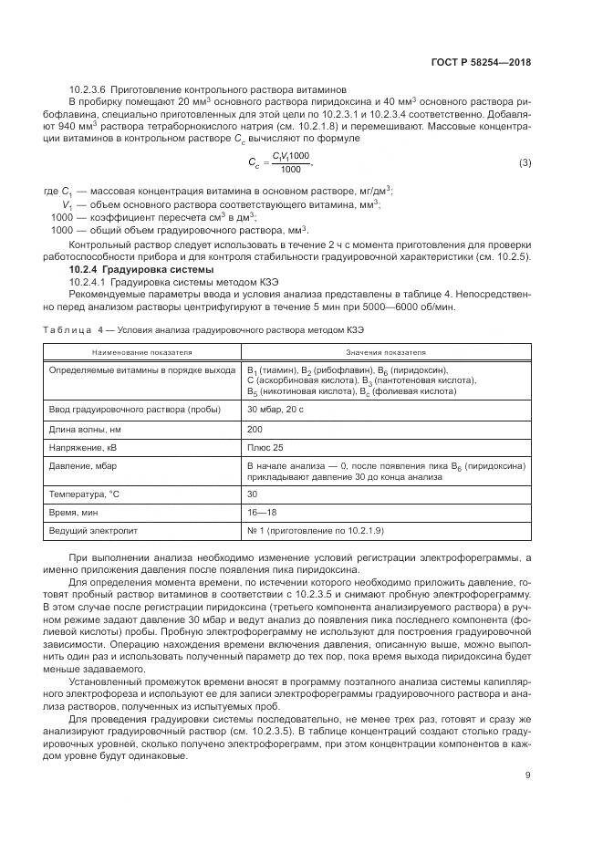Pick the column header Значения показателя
coord(386,351)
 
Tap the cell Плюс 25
coord(265,447)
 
